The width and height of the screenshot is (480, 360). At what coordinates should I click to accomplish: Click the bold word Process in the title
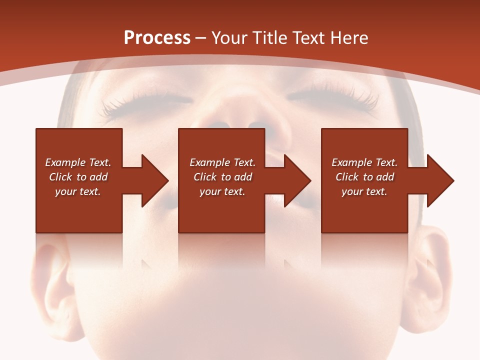coord(157,38)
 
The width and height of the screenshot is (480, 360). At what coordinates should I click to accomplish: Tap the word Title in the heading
coord(270,38)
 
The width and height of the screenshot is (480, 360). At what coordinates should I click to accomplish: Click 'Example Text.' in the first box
coord(78,162)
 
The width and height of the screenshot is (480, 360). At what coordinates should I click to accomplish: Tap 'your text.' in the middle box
coord(222,191)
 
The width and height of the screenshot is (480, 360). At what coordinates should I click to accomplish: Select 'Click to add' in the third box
coord(364,177)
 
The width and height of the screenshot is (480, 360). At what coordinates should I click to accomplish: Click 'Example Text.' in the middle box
coord(222,162)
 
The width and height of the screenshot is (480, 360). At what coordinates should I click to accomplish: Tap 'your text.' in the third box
coord(364,191)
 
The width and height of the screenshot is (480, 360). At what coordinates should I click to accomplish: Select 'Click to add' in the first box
coord(78,177)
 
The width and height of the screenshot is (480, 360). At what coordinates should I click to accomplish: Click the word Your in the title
coord(231,38)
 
